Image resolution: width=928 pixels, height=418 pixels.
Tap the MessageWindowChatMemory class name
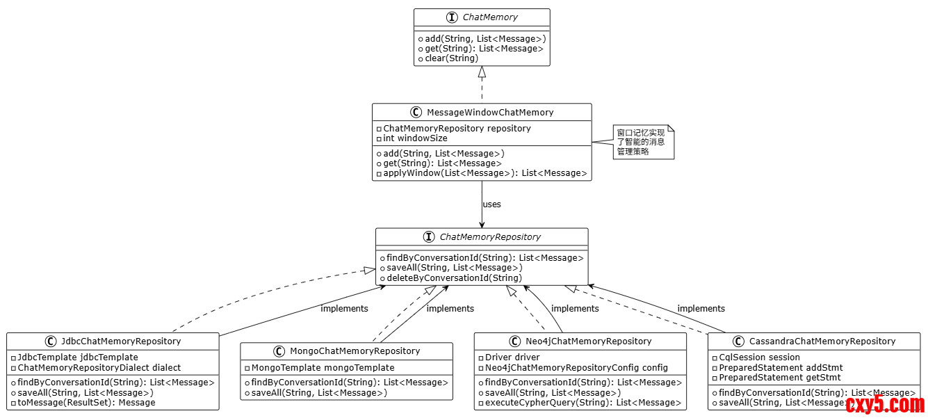(489, 112)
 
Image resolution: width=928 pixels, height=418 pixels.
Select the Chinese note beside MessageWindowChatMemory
(641, 142)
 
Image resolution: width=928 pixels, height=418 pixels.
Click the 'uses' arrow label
(491, 204)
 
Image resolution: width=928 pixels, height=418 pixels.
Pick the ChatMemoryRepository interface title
(490, 237)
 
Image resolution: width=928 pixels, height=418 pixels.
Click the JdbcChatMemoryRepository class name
(120, 341)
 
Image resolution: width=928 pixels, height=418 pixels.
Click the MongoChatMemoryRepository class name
(355, 351)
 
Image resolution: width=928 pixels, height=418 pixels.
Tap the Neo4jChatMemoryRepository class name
(588, 341)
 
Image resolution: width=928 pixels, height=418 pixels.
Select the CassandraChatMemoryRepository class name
(822, 341)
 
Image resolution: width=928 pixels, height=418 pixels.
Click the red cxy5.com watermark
(885, 403)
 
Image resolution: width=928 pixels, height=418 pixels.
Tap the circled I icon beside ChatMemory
(453, 17)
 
